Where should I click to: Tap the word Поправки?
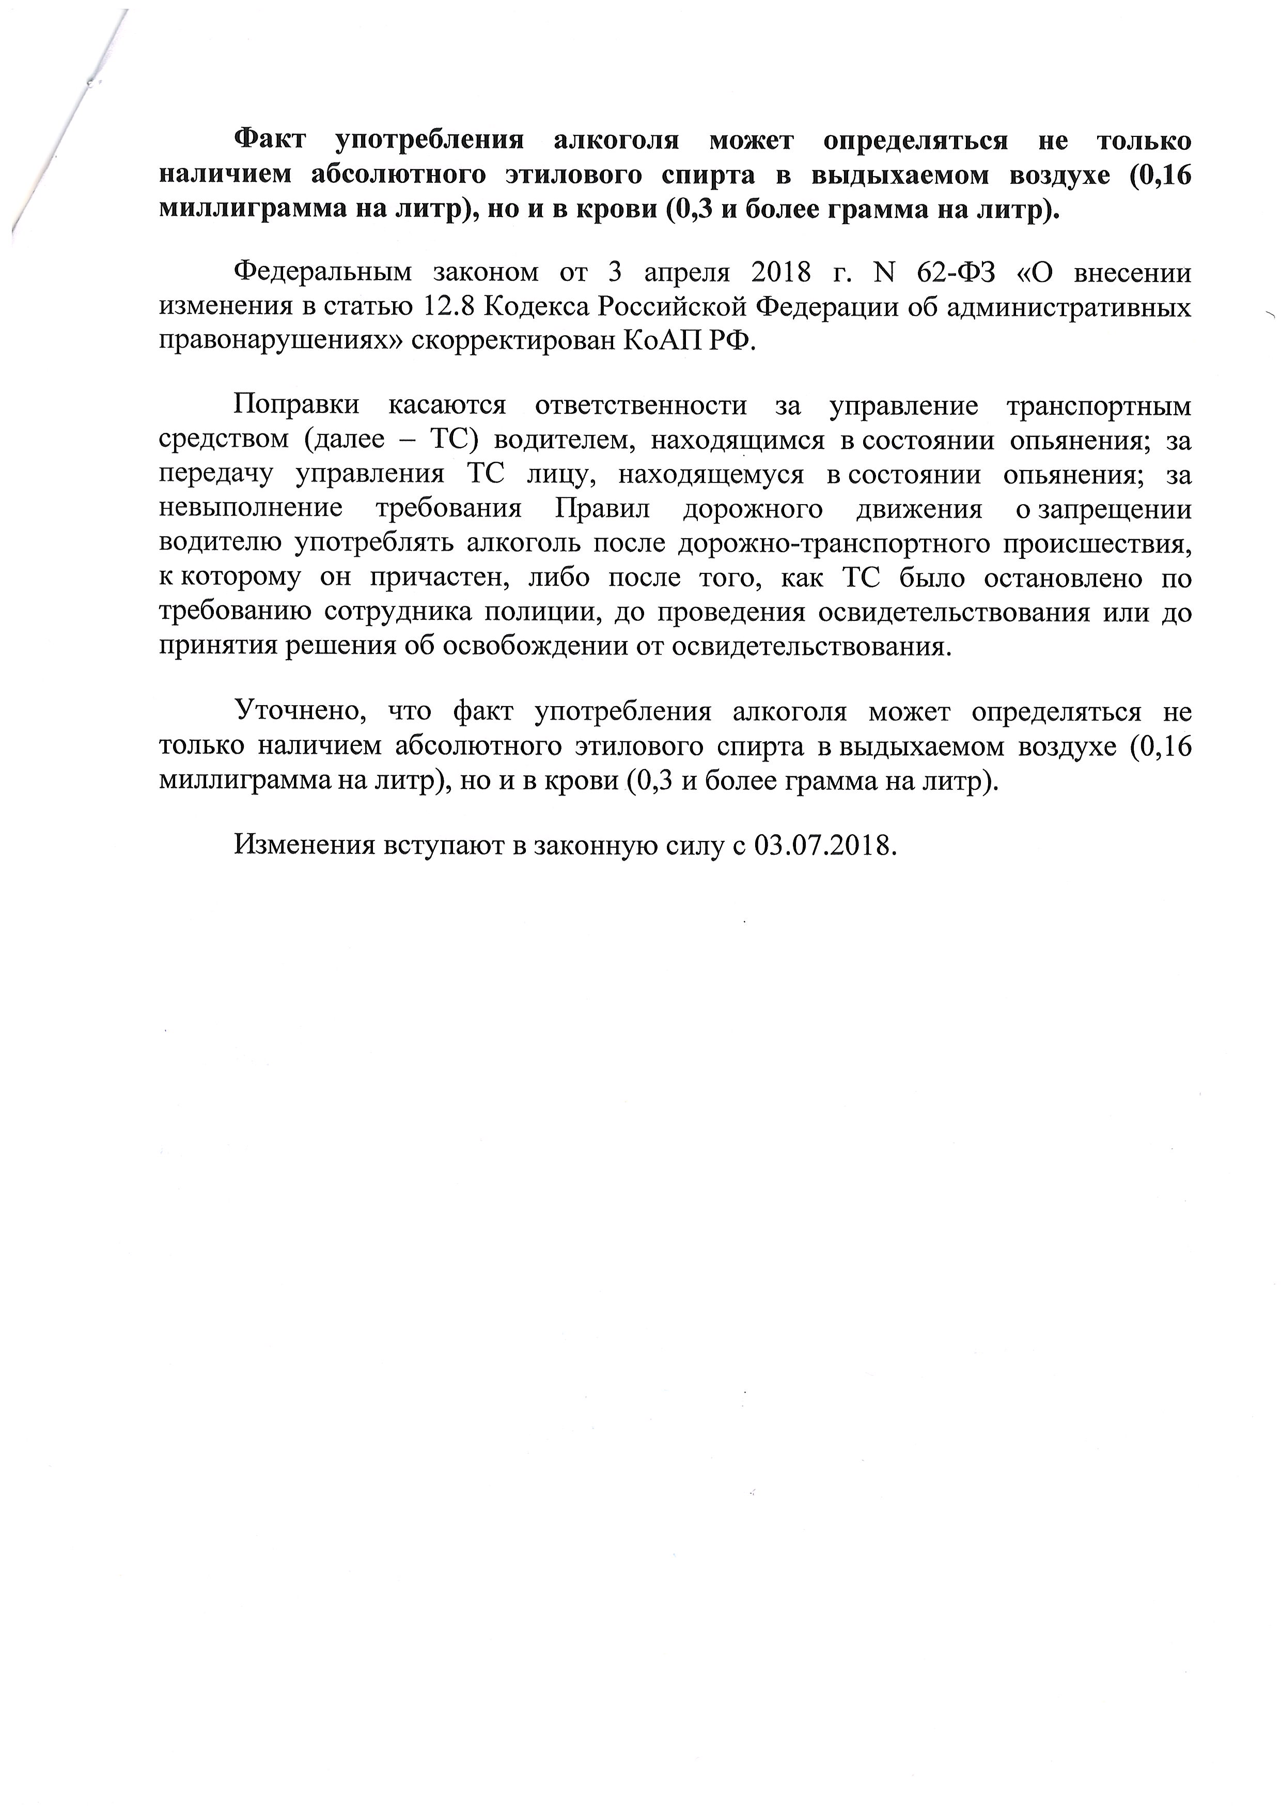pyautogui.click(x=296, y=405)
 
